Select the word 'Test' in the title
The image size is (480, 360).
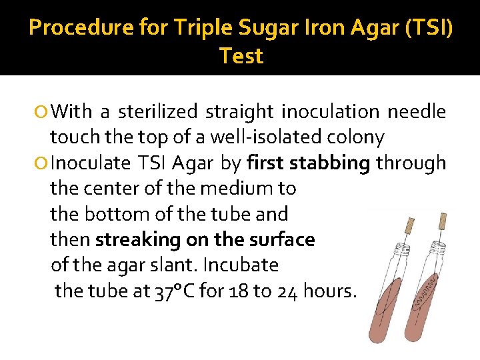(x=241, y=56)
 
